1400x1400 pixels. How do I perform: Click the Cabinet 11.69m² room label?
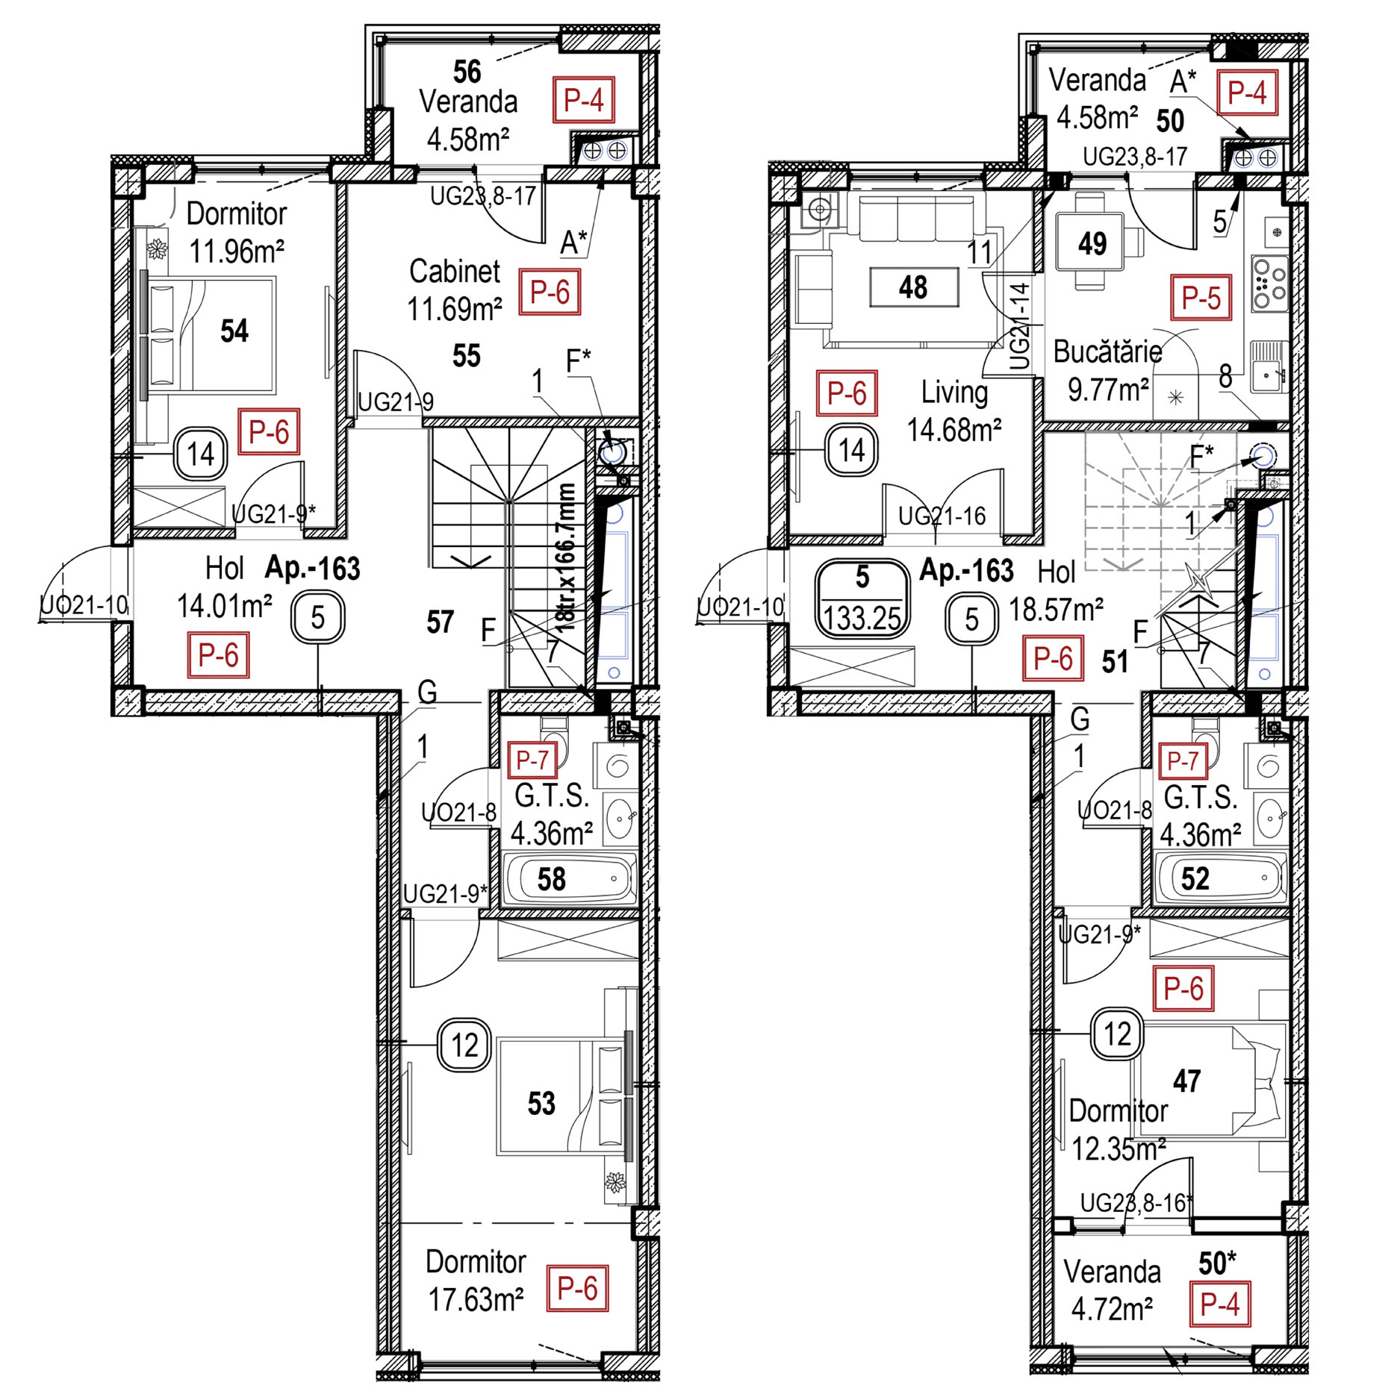coord(455,290)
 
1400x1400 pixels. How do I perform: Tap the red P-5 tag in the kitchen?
coord(1201,298)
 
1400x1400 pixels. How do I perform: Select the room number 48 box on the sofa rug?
coord(914,287)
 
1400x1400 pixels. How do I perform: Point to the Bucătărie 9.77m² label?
coord(1108,371)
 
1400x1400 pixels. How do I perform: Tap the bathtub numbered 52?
coord(1219,878)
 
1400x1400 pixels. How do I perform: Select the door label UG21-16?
coord(942,516)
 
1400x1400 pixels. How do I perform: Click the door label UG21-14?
coord(1020,325)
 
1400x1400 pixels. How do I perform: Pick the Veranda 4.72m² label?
coord(1112,1290)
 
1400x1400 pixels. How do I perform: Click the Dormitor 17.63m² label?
coord(476,1281)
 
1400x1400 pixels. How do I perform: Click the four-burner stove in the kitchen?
coord(1270,283)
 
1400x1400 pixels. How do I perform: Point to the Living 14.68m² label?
coord(954,411)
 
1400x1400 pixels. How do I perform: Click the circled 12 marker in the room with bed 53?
coord(464,1046)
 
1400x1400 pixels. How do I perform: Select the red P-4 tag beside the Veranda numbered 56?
coord(583,99)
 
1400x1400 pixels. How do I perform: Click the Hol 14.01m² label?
coord(224,588)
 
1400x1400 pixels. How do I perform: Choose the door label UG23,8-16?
coord(1136,1203)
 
